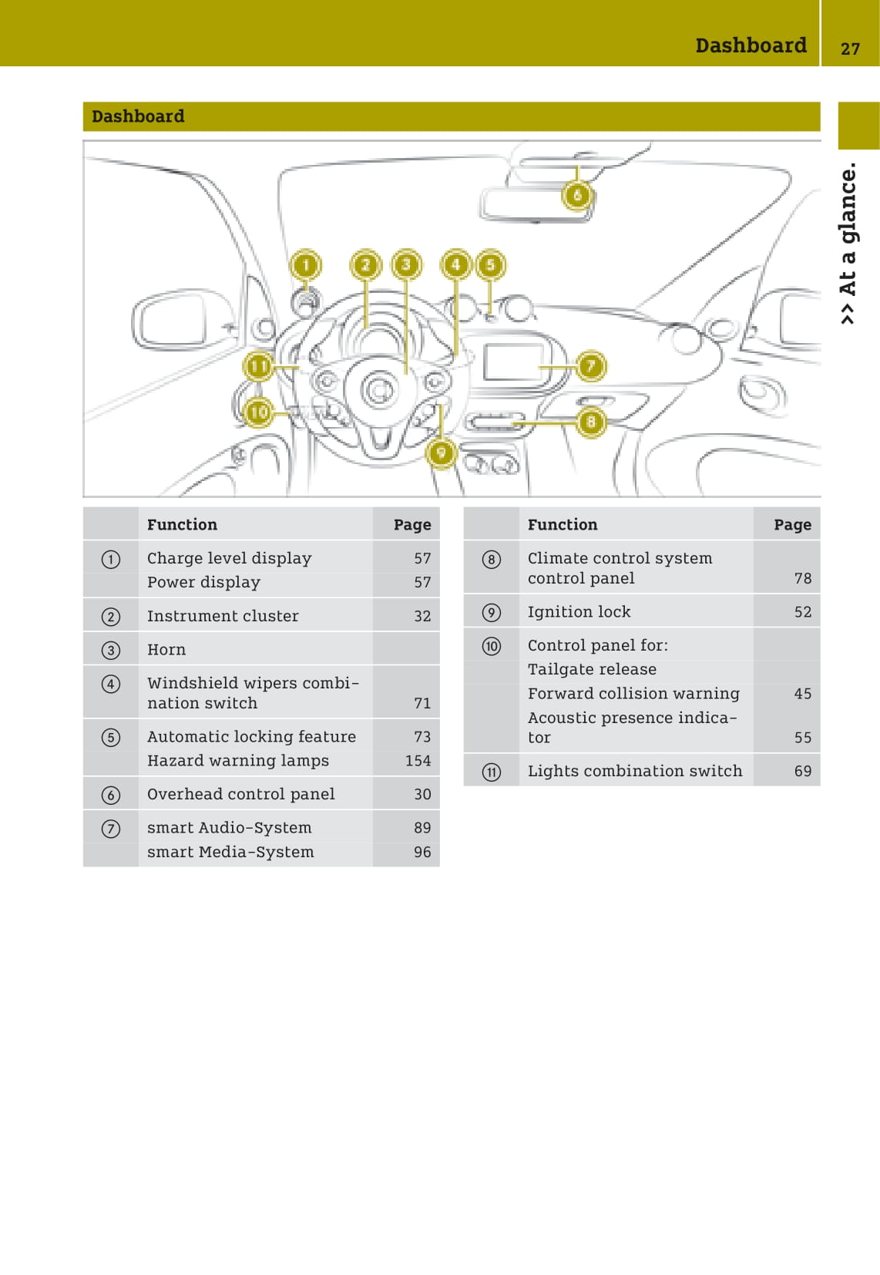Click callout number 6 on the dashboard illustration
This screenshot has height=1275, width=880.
click(577, 195)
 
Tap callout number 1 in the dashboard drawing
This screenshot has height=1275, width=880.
click(306, 265)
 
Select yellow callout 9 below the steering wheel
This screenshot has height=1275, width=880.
click(441, 452)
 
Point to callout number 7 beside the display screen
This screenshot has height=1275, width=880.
click(590, 365)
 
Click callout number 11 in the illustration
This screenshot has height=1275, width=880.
click(259, 366)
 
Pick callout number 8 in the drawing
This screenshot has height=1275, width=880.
click(590, 422)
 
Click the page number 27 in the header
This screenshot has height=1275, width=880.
click(850, 49)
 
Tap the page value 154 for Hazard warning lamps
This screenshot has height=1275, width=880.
click(418, 761)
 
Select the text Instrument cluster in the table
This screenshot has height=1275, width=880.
click(223, 616)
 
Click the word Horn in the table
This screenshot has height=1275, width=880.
click(166, 650)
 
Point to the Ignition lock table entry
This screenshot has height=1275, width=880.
click(579, 612)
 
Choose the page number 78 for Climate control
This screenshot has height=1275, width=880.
click(802, 578)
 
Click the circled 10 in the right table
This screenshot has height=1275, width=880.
click(492, 646)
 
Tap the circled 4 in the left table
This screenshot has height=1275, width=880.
click(111, 684)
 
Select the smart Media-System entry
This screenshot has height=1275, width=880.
click(230, 852)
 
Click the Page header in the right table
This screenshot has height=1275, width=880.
click(792, 525)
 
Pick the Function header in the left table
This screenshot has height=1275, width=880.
click(182, 525)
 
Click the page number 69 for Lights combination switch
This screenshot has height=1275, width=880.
click(802, 771)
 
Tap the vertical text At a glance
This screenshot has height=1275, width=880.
click(848, 243)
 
